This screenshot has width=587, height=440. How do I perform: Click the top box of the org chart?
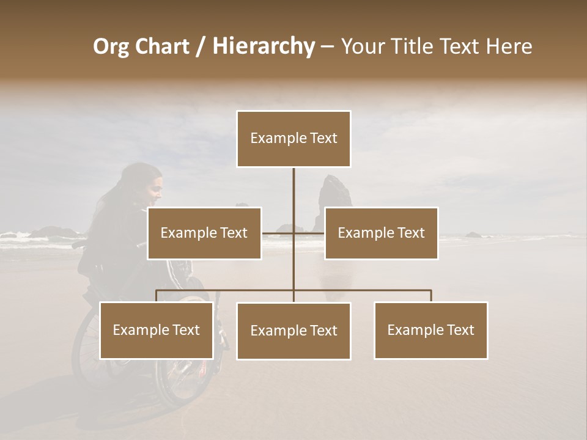click(x=293, y=139)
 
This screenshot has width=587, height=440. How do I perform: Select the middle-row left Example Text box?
click(x=204, y=233)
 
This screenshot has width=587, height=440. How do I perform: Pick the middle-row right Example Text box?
click(x=381, y=233)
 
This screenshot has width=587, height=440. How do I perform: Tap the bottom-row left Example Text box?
click(x=157, y=330)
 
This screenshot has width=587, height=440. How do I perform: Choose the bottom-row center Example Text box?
click(x=293, y=331)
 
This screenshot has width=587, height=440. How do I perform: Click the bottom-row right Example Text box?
click(x=430, y=330)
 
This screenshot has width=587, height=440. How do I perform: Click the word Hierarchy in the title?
click(x=264, y=46)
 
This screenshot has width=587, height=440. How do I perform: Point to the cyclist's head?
click(x=145, y=182)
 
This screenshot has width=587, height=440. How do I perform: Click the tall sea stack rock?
click(x=333, y=199)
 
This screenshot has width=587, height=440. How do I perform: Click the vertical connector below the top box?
click(x=293, y=189)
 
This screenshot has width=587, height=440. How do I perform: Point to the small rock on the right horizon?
click(x=473, y=234)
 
